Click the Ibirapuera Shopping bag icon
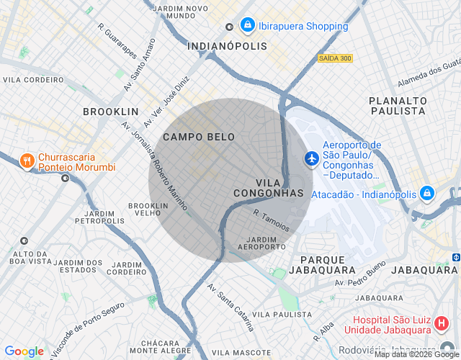[248, 26]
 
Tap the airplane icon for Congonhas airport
[311, 158]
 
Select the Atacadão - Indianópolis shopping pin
[427, 194]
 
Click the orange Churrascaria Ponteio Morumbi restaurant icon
[27, 161]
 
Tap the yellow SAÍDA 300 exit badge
[335, 58]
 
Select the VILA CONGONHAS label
[269, 188]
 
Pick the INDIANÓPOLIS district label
[227, 45]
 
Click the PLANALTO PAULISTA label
[397, 106]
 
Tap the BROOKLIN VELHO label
[148, 210]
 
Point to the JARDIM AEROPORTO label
[266, 243]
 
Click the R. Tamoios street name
[272, 220]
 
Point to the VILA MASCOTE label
[241, 353]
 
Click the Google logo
[24, 351]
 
